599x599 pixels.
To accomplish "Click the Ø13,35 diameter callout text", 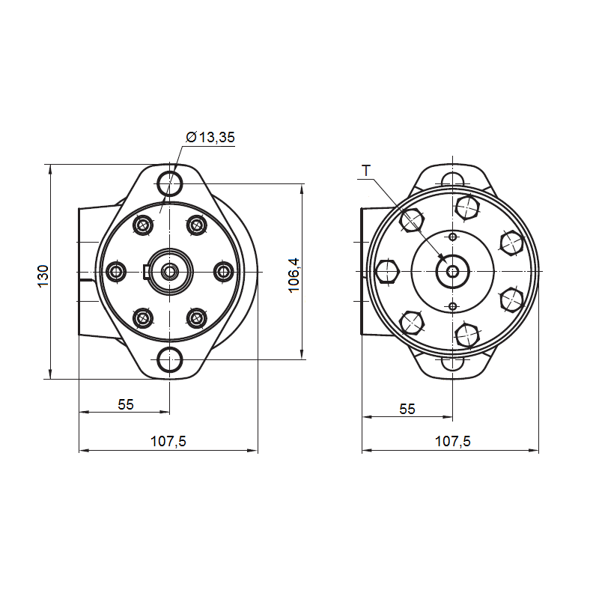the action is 210,137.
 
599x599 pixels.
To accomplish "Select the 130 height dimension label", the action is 43,276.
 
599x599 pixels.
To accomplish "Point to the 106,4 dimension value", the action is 294,276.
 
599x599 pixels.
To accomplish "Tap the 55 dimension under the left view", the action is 126,404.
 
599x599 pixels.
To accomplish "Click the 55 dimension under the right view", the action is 407,409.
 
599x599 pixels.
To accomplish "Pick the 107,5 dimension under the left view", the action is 168,441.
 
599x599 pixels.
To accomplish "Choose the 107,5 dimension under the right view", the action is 453,441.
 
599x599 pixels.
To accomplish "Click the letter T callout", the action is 366,171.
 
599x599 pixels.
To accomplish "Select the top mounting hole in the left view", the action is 170,183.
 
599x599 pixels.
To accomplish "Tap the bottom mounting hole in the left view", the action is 170,359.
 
